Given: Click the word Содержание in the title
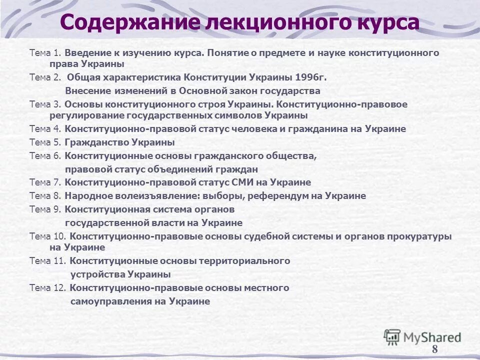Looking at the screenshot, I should (128, 22).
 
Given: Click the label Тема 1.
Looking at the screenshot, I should (45, 52).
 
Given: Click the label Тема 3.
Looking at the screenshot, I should (45, 104).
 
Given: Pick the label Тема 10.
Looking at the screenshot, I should (47, 236).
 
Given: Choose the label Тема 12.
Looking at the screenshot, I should (47, 288).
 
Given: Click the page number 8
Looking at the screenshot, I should (434, 349).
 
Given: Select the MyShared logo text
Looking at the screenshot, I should (432, 337).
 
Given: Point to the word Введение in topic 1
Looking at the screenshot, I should (88, 52).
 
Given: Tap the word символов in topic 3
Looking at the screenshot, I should (236, 115).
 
